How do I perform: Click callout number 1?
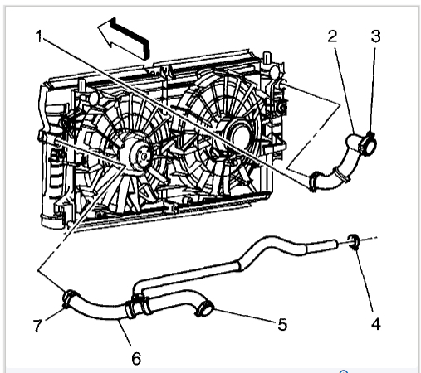pos(39,36)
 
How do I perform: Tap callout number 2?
pos(332,36)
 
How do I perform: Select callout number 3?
pos(375,36)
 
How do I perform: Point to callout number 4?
pos(375,324)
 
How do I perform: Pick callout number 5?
pos(282,324)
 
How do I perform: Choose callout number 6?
pos(136,358)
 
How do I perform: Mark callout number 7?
pos(38,325)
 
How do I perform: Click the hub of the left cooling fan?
pos(140,156)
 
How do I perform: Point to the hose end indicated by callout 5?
pos(204,308)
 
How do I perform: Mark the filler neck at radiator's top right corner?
pos(267,58)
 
